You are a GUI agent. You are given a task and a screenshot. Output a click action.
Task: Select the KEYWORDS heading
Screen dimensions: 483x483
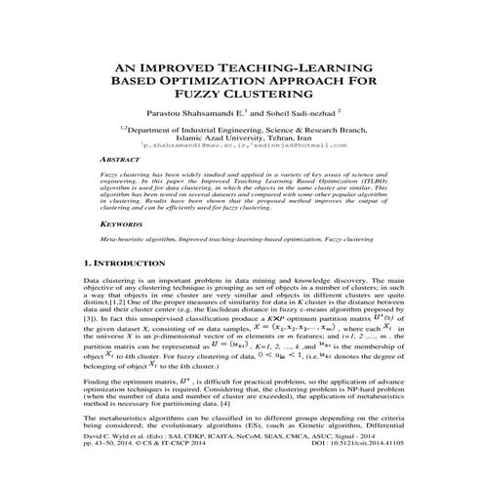[x=96, y=249]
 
